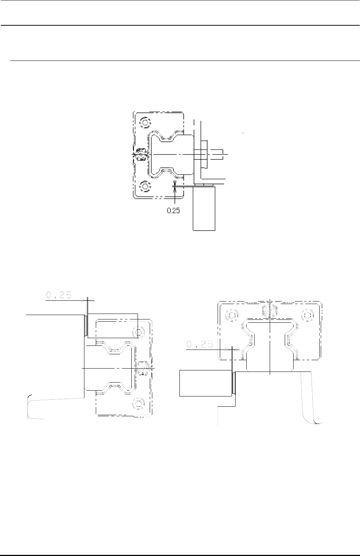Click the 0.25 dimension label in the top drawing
point(173,211)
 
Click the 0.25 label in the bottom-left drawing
point(59,295)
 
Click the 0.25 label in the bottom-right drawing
point(200,344)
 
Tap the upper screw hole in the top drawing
point(145,122)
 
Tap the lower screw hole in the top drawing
point(145,186)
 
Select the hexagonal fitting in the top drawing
point(141,155)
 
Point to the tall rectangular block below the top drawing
point(204,208)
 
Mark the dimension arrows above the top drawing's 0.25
point(175,187)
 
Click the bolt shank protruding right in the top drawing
point(216,154)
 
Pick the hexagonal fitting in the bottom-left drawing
point(143,368)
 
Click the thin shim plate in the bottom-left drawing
point(86,325)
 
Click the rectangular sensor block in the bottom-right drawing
point(206,383)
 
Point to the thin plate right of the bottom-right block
point(234,383)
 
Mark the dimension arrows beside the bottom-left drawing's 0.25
point(88,300)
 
